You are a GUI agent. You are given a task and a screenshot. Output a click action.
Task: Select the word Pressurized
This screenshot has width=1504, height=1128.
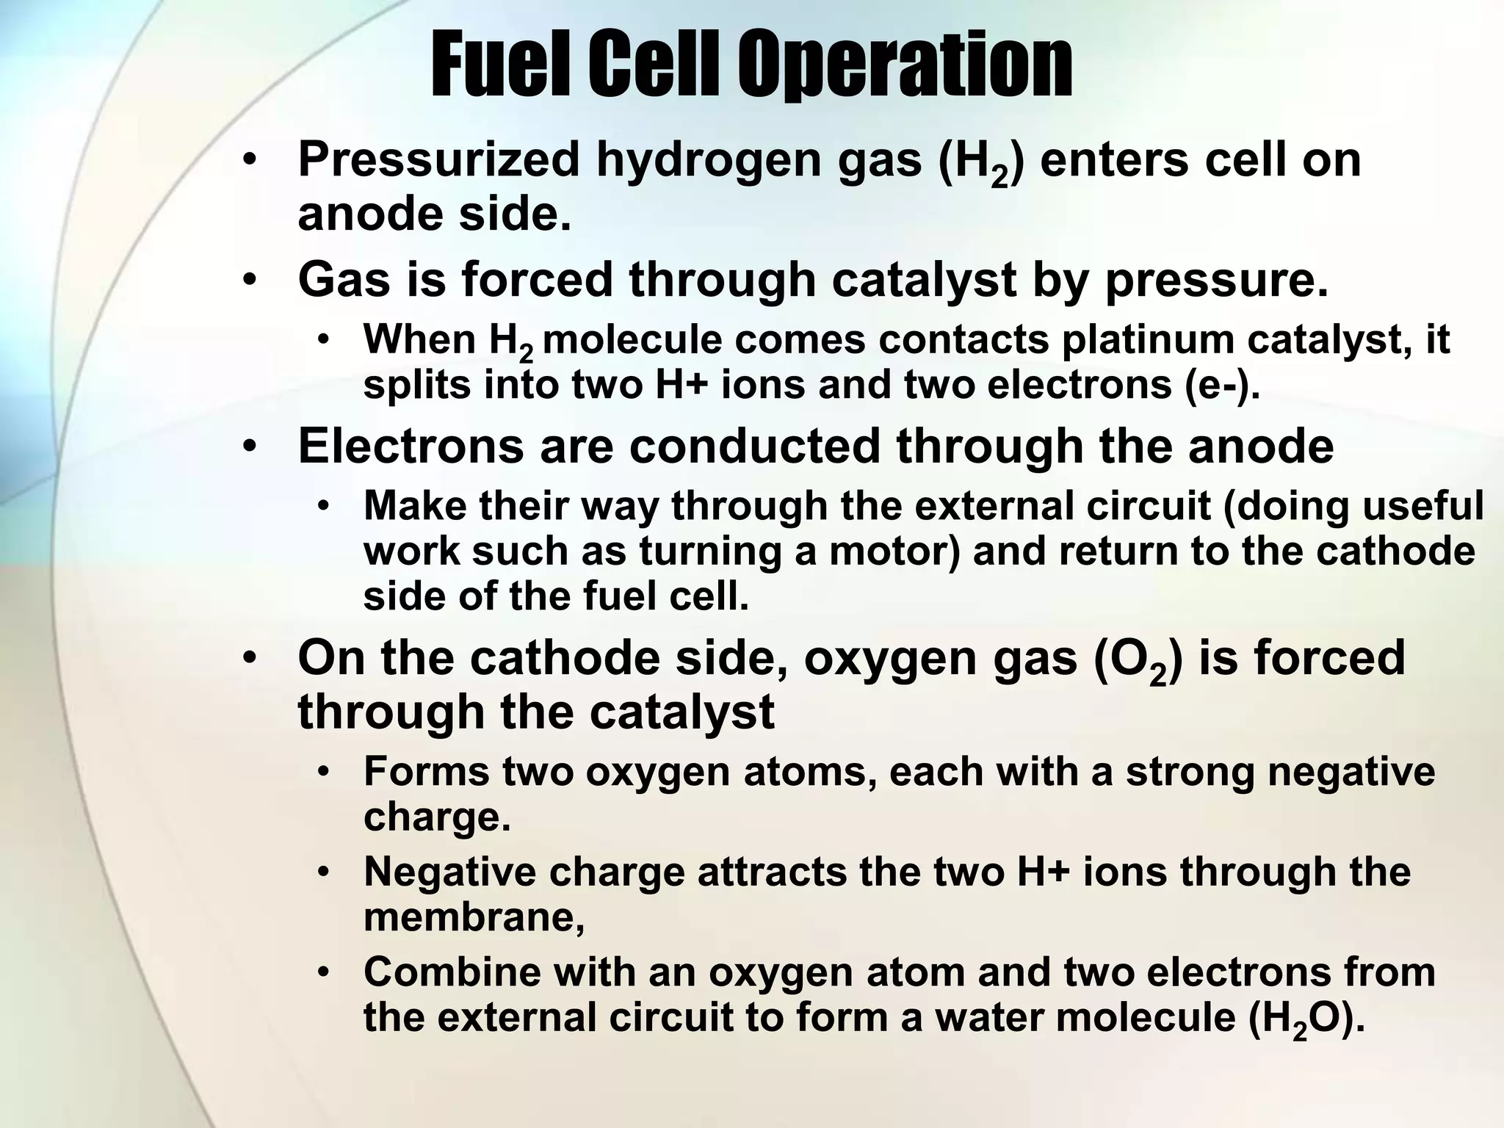pyautogui.click(x=438, y=159)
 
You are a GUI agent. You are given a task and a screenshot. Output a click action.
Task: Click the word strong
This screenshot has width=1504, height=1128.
pyautogui.click(x=1190, y=773)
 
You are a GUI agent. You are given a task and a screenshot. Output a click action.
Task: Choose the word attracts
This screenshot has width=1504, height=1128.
pyautogui.click(x=770, y=872)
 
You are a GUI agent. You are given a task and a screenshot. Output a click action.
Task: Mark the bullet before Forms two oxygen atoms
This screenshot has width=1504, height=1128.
pyautogui.click(x=324, y=773)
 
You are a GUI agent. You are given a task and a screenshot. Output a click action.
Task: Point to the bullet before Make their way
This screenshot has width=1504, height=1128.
pyautogui.click(x=324, y=506)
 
